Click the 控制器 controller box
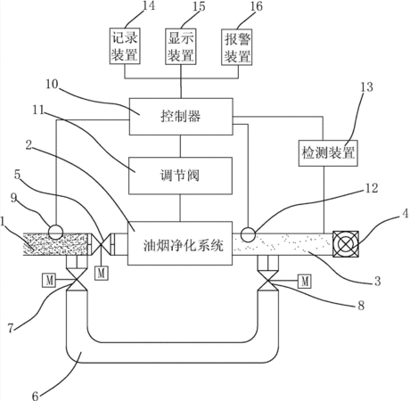pos(181,117)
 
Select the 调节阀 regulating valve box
pos(180,176)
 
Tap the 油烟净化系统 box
pos(180,243)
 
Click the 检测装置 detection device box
pos(328,153)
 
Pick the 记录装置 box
pos(125,46)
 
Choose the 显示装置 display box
pos(181,46)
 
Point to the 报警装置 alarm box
pos(237,47)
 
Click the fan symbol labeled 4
pos(346,244)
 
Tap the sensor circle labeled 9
pos(55,232)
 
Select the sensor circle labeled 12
pos(248,234)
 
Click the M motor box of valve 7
pos(49,280)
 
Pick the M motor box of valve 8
pos(305,281)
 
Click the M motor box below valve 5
pos(102,273)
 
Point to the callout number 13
pos(366,87)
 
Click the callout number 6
pos(36,396)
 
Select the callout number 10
pos(52,84)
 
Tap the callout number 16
pos(256,6)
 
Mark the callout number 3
pos(377,281)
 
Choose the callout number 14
pos(148,5)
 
